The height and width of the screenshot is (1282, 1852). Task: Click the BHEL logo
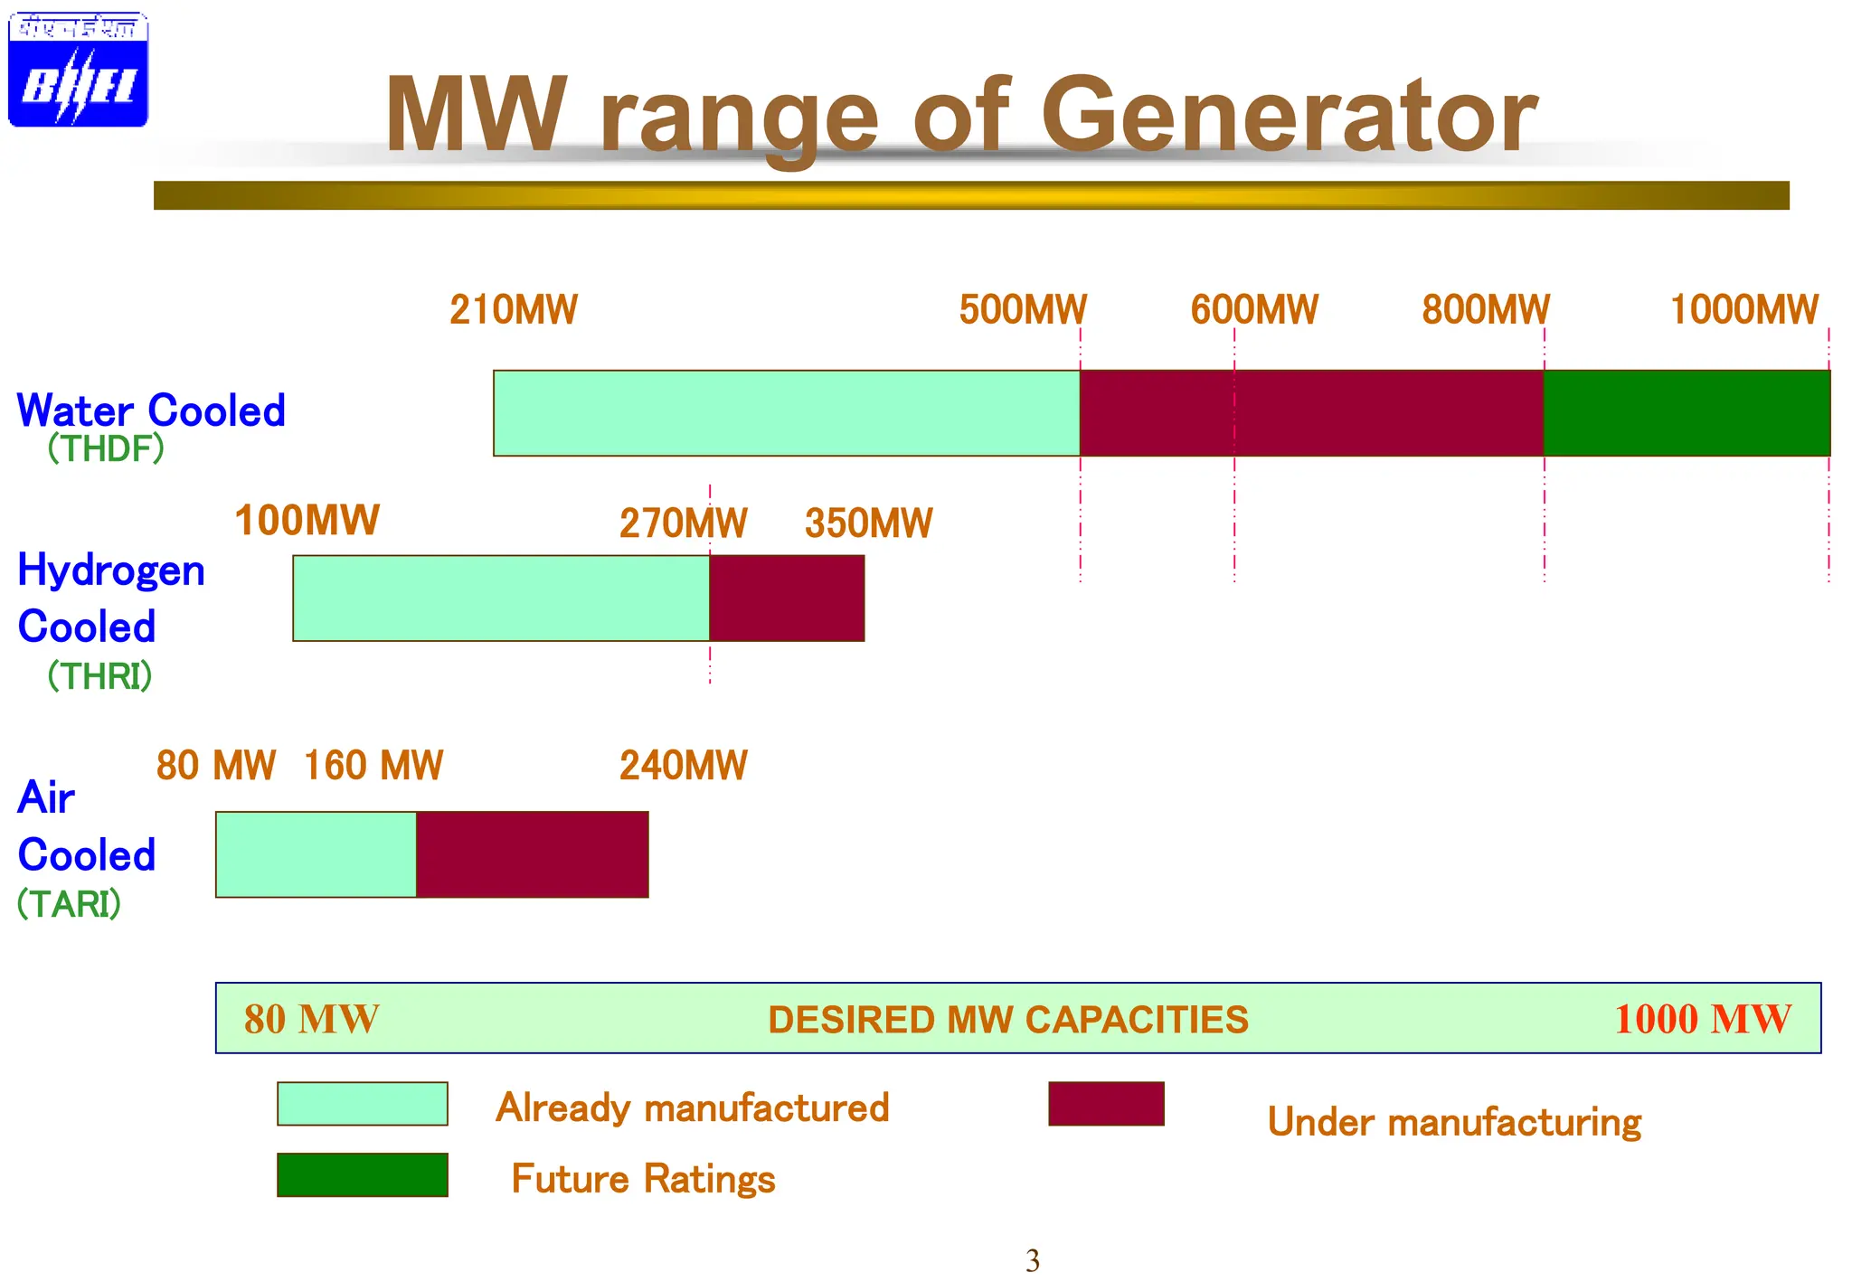pos(78,70)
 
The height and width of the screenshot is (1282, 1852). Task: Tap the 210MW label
pos(513,310)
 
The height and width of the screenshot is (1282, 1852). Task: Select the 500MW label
pos(1022,310)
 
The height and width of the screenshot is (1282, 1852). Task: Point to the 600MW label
pos(1253,310)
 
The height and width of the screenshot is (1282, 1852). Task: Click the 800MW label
pos(1485,310)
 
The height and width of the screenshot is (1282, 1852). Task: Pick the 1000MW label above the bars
pos(1743,310)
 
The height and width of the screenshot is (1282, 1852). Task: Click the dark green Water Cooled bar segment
pos(1687,413)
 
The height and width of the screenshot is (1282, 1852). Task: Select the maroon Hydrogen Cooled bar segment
pos(787,599)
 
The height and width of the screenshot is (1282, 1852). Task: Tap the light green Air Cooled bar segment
pos(316,854)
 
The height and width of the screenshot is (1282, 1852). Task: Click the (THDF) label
pos(106,448)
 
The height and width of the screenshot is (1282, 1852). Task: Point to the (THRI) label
pos(99,676)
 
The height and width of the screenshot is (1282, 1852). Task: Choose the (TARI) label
pos(69,904)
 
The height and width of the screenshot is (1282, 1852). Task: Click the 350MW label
pos(868,523)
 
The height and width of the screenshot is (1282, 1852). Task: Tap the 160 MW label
pos(373,766)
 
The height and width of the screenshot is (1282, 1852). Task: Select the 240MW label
pos(683,766)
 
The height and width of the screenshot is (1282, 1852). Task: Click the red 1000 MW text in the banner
pos(1702,1019)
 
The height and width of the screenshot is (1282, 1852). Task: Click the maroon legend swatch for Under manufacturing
pos(1106,1104)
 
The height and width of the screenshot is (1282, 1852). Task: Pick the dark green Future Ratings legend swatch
pos(362,1174)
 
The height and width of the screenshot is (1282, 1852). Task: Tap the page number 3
pos(1033,1260)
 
